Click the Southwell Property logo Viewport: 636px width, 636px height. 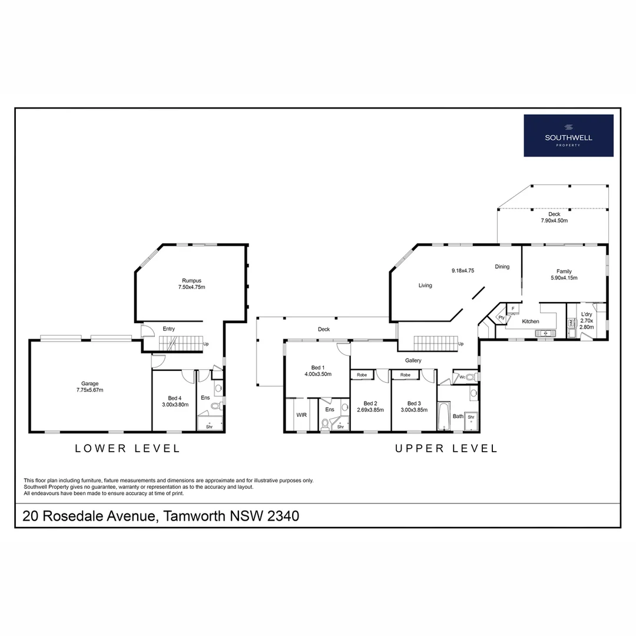(568, 135)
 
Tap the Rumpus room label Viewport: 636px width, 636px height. (191, 280)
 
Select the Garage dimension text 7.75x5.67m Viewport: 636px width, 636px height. (90, 390)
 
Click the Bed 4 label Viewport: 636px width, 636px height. (174, 398)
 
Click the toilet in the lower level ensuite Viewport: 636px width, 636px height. (216, 405)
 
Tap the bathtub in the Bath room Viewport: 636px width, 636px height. (444, 416)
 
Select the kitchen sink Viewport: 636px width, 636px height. (545, 333)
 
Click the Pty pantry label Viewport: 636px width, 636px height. (501, 317)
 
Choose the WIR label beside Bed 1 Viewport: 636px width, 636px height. (302, 415)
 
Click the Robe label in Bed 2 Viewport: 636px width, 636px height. (362, 375)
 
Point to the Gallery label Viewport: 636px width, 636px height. (413, 360)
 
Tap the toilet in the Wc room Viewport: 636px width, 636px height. (471, 377)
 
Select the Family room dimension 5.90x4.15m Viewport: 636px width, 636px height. (564, 278)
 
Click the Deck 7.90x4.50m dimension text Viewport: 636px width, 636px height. (554, 221)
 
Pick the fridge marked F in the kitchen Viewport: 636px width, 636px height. (513, 309)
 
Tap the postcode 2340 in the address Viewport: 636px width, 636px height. (283, 516)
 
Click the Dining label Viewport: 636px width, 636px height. (502, 267)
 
